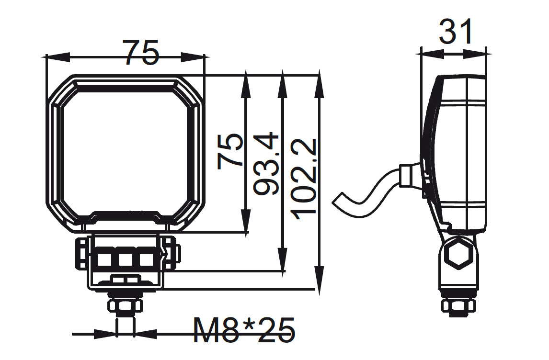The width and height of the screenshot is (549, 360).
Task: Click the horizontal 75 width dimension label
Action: point(141,53)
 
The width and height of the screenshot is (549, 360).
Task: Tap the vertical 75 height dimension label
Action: point(229,151)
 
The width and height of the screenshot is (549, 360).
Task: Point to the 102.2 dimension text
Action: point(303,179)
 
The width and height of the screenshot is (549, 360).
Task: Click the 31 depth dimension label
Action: point(456,32)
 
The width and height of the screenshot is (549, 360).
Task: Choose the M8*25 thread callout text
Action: point(244,330)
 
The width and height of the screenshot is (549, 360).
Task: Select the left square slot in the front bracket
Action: point(104,259)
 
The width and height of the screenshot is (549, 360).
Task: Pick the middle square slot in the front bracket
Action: point(125,259)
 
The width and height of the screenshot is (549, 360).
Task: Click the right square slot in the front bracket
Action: point(146,259)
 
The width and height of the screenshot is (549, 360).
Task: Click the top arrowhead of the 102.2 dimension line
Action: point(319,82)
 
